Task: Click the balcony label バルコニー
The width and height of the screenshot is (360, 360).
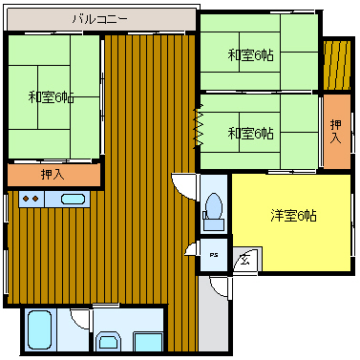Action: click(99, 19)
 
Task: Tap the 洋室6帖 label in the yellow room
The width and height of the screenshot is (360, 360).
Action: click(293, 216)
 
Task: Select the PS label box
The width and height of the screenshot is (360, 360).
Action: click(214, 255)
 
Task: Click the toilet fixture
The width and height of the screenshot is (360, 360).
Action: click(214, 212)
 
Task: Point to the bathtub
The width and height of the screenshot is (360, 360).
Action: click(40, 330)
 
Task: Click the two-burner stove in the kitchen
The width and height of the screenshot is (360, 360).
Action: click(32, 200)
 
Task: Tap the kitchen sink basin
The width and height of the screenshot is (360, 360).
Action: click(73, 200)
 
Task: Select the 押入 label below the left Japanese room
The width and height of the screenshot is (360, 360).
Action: click(53, 175)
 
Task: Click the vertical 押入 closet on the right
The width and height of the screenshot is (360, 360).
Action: click(337, 131)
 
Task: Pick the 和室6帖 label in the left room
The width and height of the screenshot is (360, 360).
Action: click(52, 97)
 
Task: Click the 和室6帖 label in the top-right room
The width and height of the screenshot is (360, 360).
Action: click(250, 55)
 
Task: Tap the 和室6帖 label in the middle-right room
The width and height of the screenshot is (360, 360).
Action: click(250, 134)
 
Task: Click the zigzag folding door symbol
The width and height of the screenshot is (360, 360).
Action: click(199, 126)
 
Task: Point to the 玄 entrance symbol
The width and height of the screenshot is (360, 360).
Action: click(244, 261)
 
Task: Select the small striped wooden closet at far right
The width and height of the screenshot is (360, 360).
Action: click(337, 65)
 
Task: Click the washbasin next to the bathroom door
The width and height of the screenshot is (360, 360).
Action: click(108, 342)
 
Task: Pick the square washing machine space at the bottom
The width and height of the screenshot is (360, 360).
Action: click(148, 342)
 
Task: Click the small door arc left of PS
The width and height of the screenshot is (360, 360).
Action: click(190, 247)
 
